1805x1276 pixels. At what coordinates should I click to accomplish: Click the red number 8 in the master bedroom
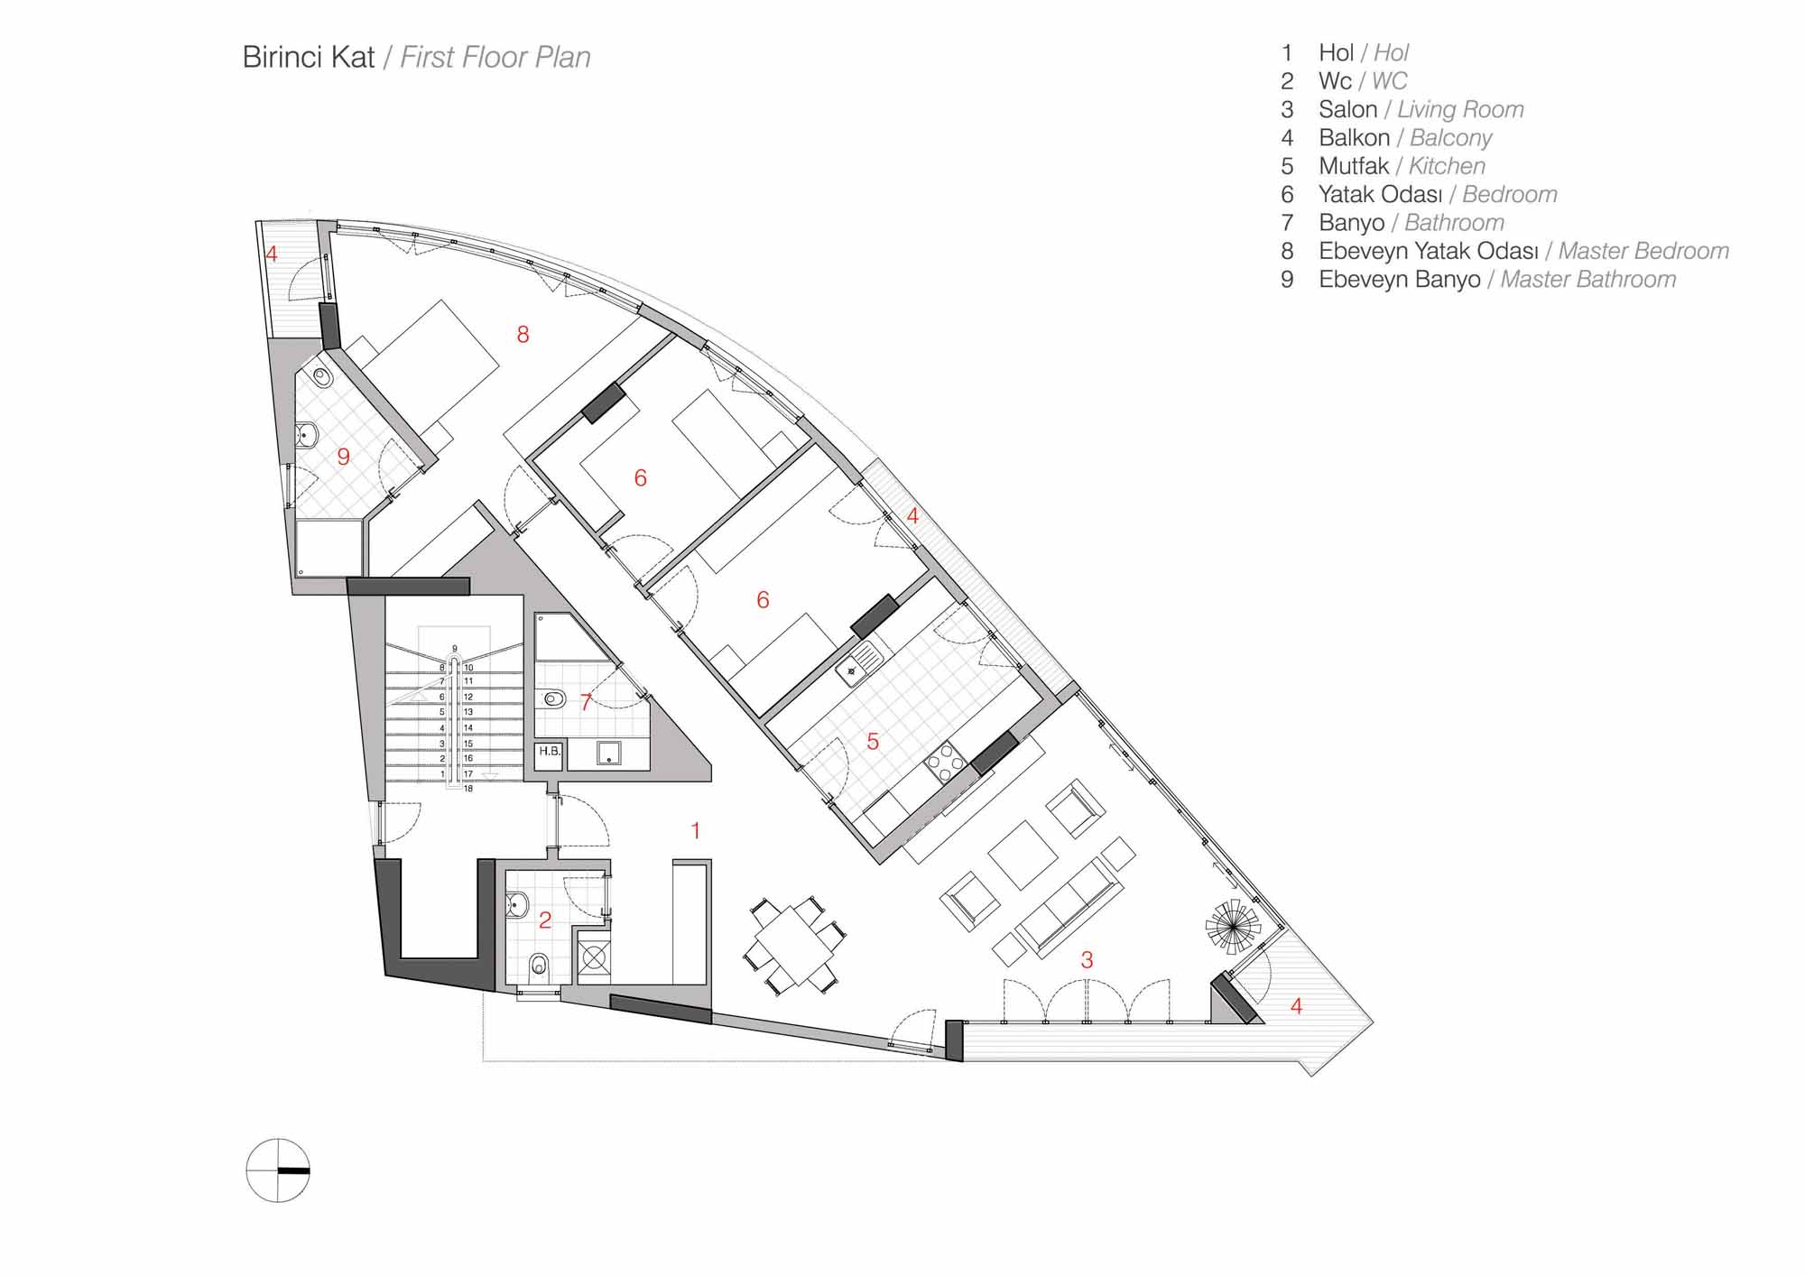(523, 335)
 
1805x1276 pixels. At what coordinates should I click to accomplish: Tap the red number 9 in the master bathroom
(343, 457)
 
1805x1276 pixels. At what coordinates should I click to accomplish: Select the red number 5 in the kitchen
(873, 742)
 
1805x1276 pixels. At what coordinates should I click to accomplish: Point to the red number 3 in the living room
(1087, 960)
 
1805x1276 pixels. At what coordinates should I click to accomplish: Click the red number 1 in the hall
(696, 830)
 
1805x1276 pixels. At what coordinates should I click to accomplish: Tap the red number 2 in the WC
(545, 920)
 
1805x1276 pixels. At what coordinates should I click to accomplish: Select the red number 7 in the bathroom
(587, 702)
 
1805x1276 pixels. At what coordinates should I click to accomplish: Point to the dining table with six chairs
(794, 947)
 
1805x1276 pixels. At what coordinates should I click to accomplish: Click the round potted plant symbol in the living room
(1233, 925)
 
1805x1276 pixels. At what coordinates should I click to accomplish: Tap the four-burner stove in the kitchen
(946, 763)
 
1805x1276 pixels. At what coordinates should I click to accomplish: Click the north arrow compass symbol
(278, 1170)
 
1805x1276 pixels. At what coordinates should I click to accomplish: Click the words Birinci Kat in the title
(309, 57)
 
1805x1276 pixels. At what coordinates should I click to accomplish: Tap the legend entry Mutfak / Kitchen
(1402, 166)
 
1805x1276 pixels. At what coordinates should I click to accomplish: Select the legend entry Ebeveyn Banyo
(1400, 280)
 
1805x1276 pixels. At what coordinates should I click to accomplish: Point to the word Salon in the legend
(1348, 109)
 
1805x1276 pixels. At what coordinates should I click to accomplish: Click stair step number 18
(468, 789)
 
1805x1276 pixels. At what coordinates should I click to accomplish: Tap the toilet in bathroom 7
(552, 698)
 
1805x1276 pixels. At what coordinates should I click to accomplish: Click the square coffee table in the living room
(1024, 854)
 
